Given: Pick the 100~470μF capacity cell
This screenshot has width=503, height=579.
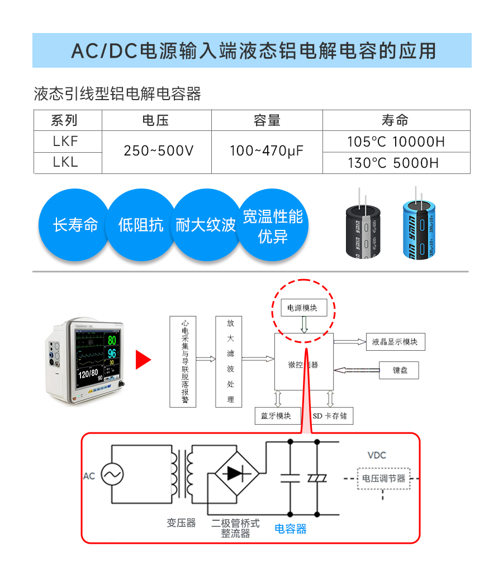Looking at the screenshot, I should point(267,152).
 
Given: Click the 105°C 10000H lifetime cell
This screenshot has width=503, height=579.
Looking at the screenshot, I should point(396,142).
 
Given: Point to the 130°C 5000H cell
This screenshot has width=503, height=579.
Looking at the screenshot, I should point(396,163).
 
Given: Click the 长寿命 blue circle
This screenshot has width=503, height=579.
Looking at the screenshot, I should point(75,225).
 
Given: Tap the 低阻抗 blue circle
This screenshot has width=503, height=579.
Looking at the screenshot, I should point(141,225).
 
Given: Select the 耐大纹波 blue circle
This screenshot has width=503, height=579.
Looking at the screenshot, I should point(206,225).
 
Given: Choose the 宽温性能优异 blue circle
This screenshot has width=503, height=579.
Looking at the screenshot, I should point(273,225).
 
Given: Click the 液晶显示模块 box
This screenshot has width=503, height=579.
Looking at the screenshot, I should point(395,341).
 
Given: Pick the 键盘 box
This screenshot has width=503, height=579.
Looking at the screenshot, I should point(399,370).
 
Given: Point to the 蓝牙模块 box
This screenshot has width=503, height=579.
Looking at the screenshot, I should point(277,416).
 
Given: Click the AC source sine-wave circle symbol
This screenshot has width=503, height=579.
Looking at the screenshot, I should point(112,476).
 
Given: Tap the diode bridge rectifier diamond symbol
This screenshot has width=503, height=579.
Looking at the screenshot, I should point(236,474).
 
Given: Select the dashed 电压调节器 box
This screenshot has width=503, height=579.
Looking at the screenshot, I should point(383,478).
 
